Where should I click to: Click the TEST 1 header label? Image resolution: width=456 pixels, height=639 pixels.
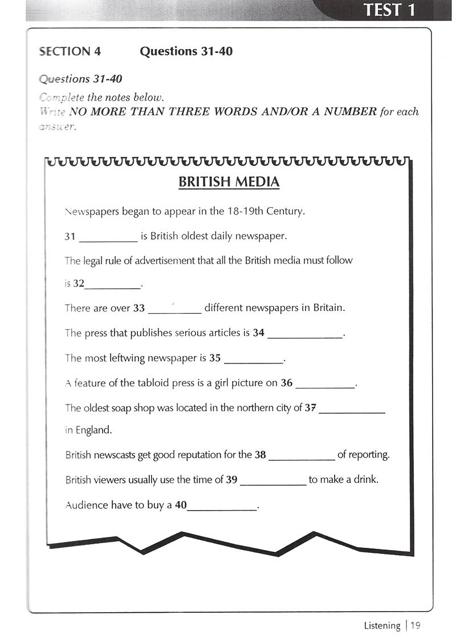[389, 10]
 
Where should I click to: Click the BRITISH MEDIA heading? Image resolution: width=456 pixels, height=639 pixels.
[229, 182]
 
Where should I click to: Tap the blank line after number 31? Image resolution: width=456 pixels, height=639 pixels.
[108, 240]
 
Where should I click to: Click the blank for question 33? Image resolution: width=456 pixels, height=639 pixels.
[174, 312]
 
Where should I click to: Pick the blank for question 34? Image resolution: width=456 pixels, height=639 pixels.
[306, 337]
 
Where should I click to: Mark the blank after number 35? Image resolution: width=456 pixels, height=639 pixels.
[254, 362]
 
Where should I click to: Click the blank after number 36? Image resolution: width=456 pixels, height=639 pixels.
[325, 387]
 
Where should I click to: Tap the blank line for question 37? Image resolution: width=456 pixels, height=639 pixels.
[352, 411]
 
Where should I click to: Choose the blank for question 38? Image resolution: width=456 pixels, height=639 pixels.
[302, 458]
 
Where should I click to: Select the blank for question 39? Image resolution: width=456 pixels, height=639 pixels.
[273, 483]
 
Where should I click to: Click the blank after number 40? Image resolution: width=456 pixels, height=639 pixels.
[222, 508]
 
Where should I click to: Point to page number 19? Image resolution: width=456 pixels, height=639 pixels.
[415, 625]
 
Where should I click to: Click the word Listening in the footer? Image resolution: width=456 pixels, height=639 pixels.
[382, 625]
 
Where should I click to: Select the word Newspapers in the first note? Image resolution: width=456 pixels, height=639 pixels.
[91, 211]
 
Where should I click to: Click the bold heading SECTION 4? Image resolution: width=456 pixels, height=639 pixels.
[70, 51]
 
